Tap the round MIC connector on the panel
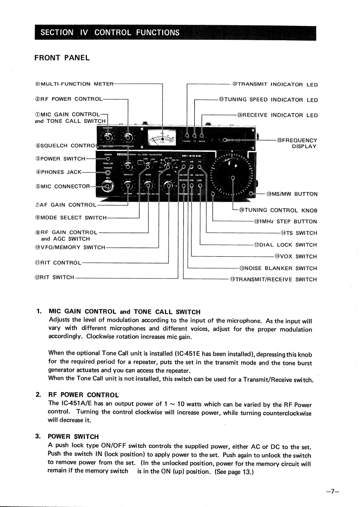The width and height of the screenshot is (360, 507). [108, 186]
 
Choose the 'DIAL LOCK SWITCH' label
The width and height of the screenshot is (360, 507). [285, 245]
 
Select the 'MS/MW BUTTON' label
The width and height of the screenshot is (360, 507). [291, 194]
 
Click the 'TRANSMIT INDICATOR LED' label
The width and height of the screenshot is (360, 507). [275, 84]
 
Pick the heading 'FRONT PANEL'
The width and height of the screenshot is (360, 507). [62, 57]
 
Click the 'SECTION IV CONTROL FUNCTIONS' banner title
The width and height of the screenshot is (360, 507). [110, 33]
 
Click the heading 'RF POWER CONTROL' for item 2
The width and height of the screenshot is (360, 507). [84, 395]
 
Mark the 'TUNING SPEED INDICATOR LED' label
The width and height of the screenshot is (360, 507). [268, 100]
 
